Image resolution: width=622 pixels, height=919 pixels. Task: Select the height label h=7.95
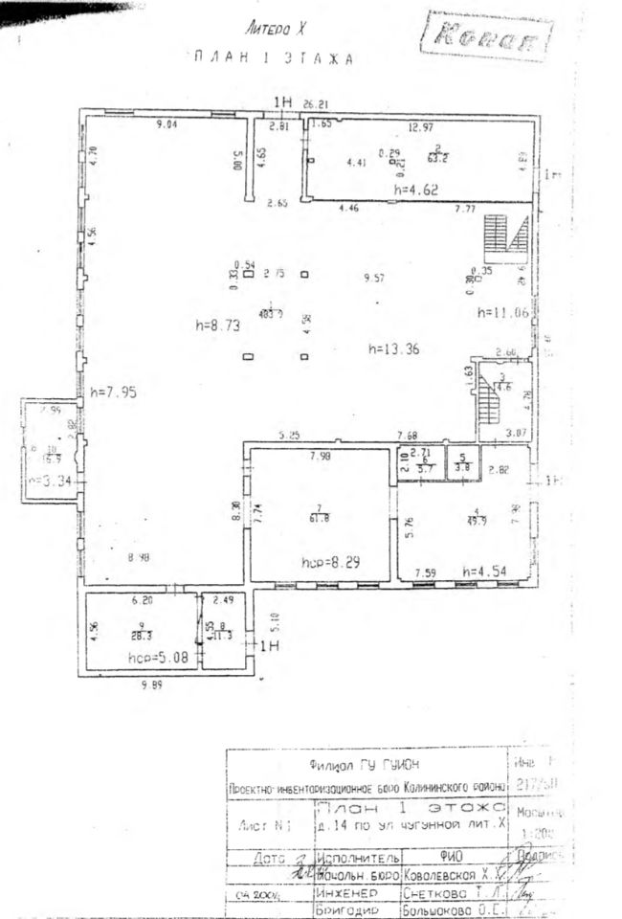(x=111, y=392)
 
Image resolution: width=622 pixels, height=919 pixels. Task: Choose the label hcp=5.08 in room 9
(x=156, y=658)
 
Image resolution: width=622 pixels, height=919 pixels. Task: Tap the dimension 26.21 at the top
(x=316, y=104)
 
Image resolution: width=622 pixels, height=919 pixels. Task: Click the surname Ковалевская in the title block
(x=438, y=871)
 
